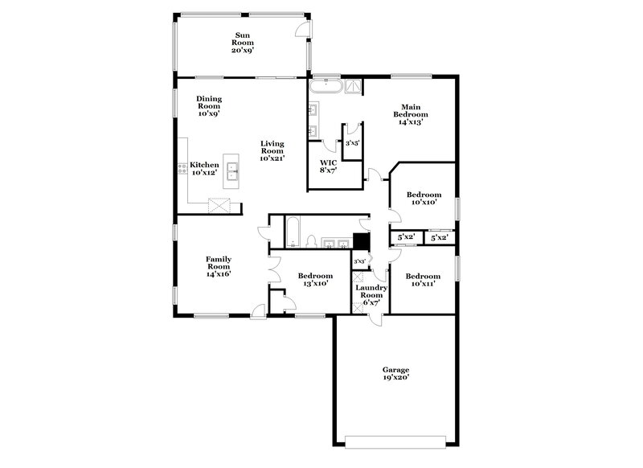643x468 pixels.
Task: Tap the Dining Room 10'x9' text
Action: (x=209, y=106)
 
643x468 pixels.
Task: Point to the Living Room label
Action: (x=272, y=151)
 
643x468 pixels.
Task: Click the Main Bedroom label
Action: (x=412, y=114)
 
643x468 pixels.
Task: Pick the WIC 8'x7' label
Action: (x=327, y=166)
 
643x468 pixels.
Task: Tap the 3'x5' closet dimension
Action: (x=352, y=142)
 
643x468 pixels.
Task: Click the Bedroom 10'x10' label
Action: (x=424, y=199)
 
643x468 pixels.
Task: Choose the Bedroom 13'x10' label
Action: (x=309, y=280)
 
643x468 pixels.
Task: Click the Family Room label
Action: (x=219, y=266)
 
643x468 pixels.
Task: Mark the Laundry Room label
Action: (x=371, y=294)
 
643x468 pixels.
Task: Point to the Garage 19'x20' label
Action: (x=395, y=373)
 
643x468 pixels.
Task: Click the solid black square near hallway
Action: (x=362, y=242)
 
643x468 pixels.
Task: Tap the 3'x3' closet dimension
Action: (x=360, y=262)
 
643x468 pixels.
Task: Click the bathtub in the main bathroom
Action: (x=329, y=87)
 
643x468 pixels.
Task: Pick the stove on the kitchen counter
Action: (x=182, y=169)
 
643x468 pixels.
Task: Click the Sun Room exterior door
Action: (x=301, y=30)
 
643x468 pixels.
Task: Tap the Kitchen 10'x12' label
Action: (x=204, y=168)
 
